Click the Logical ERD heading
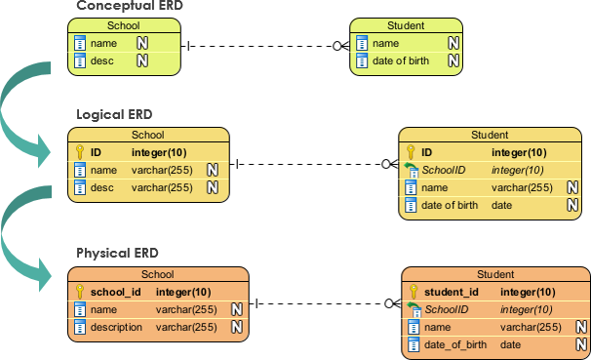[x=114, y=115]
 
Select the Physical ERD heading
[x=117, y=254]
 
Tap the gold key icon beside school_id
[x=80, y=292]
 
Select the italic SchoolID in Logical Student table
[x=443, y=170]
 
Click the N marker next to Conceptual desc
[x=141, y=61]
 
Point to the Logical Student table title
[x=490, y=135]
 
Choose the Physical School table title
[x=157, y=275]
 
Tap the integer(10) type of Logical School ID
[x=159, y=152]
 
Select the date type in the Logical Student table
[x=501, y=205]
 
